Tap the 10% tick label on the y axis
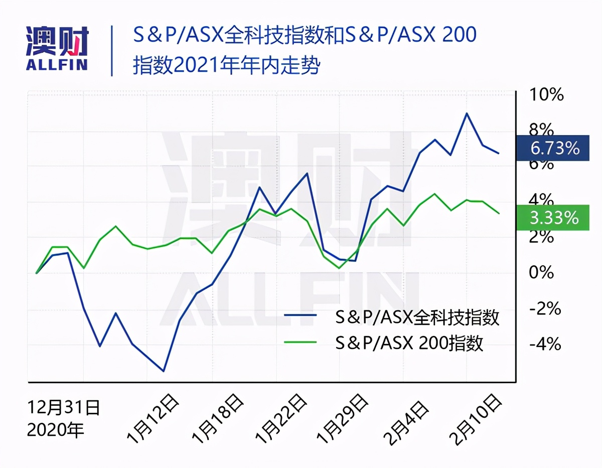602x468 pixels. [x=546, y=95]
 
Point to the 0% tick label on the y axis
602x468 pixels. [x=542, y=273]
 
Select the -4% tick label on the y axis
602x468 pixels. [x=544, y=344]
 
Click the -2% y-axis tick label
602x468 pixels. [x=544, y=308]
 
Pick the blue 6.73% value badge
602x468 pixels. [x=552, y=148]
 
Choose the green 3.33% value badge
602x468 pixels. [x=552, y=218]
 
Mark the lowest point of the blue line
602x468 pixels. [x=164, y=371]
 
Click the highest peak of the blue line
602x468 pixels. [x=467, y=113]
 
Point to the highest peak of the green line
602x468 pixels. [x=434, y=194]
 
